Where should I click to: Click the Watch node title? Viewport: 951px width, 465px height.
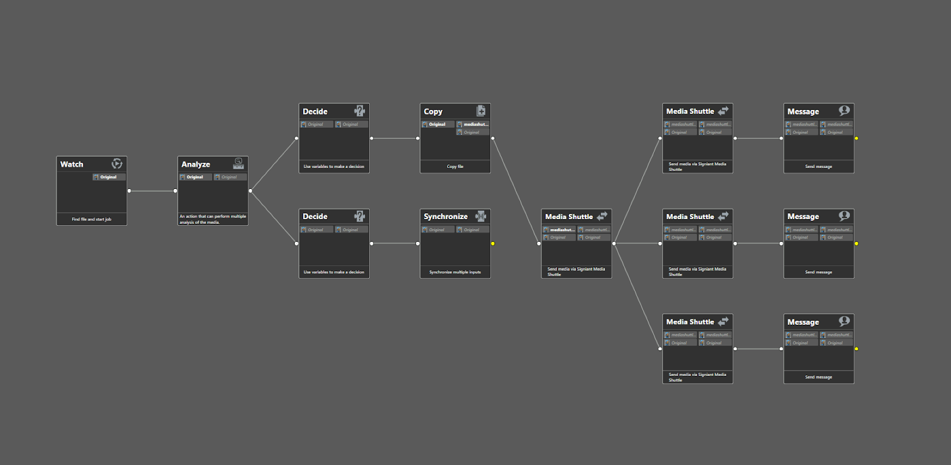72,165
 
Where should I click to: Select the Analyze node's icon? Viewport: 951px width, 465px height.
238,164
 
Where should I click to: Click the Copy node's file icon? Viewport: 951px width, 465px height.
481,111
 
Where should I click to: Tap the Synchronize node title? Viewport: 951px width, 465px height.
445,217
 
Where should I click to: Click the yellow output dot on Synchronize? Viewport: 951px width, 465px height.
493,243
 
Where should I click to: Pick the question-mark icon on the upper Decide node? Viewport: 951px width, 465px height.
360,111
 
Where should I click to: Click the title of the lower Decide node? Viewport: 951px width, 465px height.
315,217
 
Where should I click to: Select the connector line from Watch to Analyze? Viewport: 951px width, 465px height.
152,191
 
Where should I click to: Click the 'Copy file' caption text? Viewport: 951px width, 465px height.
455,167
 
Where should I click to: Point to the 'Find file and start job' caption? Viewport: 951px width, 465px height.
92,220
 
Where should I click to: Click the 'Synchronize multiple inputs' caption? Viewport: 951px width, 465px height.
455,273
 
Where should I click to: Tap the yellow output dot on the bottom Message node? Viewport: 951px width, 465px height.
856,349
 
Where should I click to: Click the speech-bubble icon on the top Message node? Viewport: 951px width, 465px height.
844,111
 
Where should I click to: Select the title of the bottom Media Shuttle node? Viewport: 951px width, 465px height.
690,322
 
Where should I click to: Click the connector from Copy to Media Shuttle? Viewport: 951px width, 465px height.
516,191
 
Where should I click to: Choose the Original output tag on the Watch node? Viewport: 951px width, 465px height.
108,177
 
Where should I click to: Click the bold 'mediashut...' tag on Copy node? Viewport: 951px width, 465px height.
473,125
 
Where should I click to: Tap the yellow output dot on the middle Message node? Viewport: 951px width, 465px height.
856,243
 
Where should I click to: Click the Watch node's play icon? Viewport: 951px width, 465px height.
117,164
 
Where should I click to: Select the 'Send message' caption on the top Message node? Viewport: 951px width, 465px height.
818,167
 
